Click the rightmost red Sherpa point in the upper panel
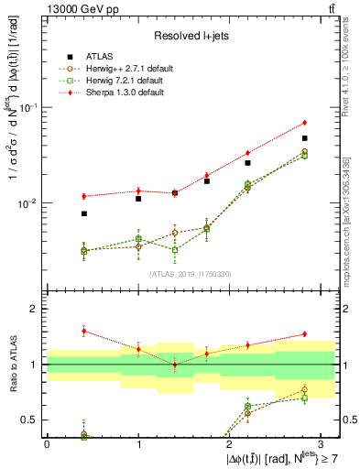pyautogui.click(x=304, y=123)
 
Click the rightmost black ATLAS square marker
pyautogui.click(x=304, y=138)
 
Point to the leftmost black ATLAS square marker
pyautogui.click(x=83, y=213)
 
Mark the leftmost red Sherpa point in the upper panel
pyautogui.click(x=83, y=196)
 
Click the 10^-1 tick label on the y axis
pyautogui.click(x=28, y=107)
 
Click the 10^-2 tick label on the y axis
pyautogui.click(x=28, y=203)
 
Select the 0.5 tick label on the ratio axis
pyautogui.click(x=30, y=420)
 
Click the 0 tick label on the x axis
pyautogui.click(x=47, y=444)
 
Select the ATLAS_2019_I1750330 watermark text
pyautogui.click(x=190, y=273)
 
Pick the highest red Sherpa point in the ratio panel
pyautogui.click(x=83, y=331)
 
